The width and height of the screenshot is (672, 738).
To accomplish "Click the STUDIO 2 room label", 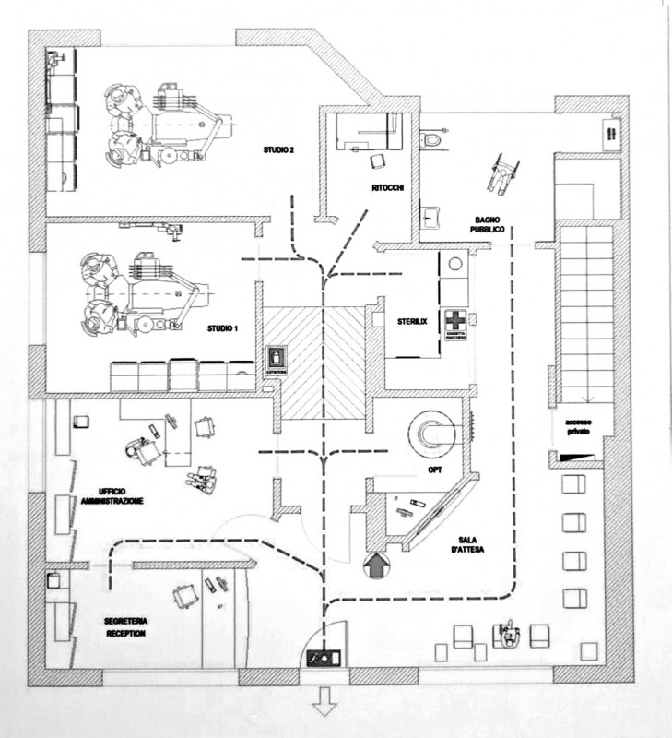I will click(x=277, y=149).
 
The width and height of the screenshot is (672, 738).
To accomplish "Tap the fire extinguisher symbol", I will click(x=276, y=357).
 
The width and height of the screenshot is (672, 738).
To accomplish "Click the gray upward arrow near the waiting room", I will click(x=377, y=565).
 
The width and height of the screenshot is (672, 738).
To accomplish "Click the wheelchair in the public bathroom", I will click(x=501, y=173).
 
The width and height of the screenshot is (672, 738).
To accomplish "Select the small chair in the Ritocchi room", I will click(x=377, y=162).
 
